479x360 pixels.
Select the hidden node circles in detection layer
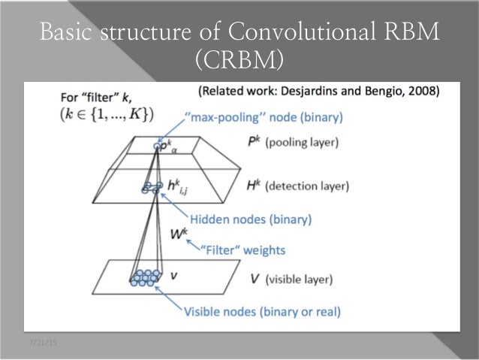[x=150, y=187]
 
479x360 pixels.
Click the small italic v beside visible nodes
[x=174, y=276]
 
